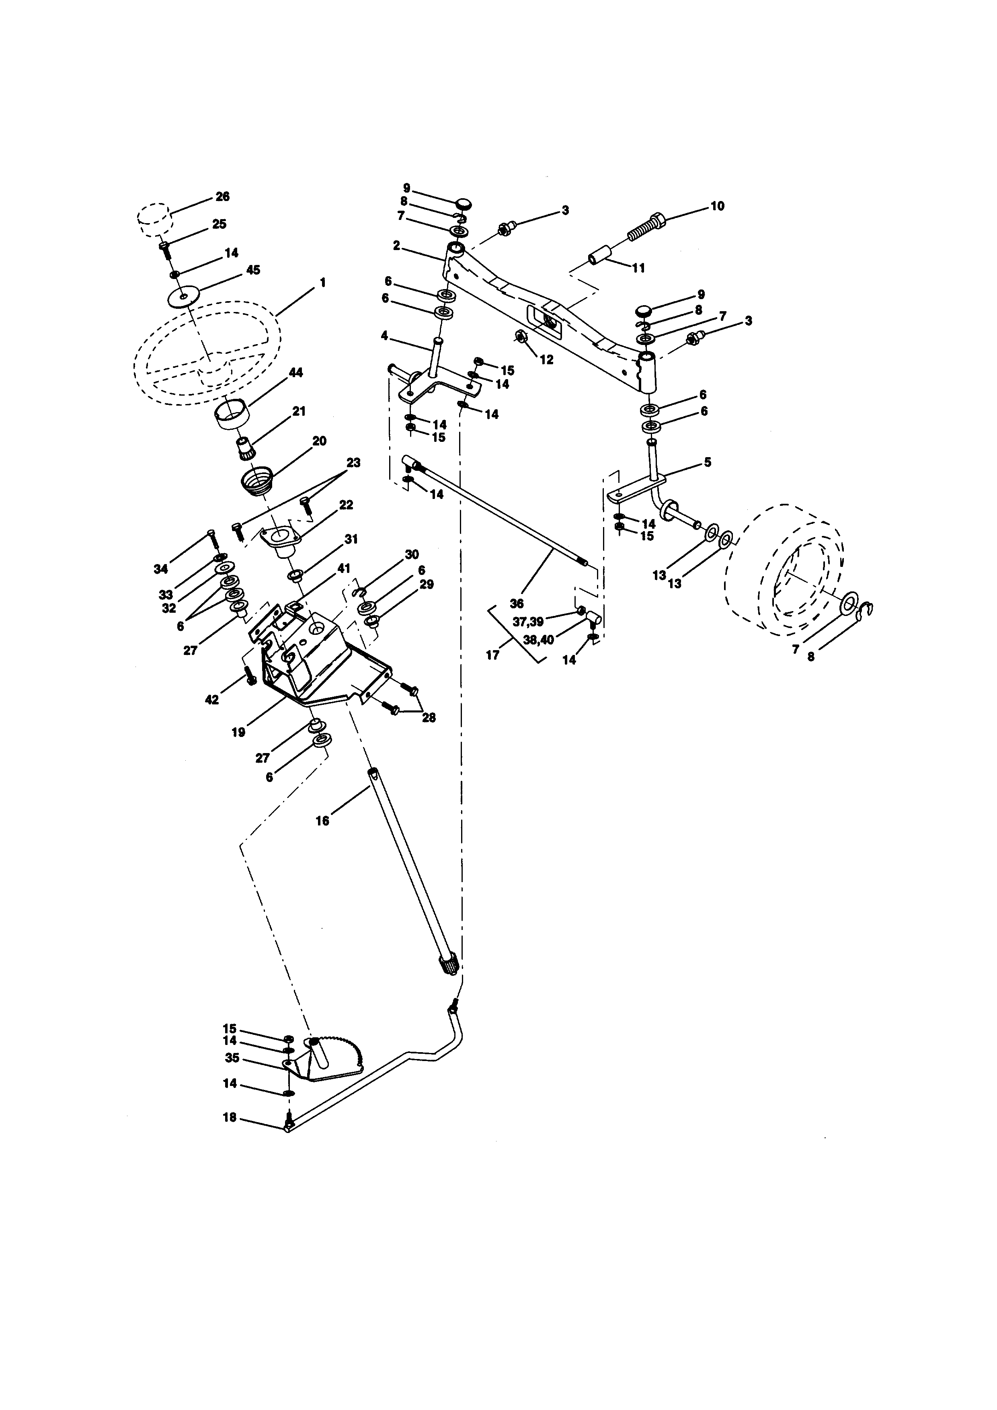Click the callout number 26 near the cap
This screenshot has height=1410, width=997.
click(222, 197)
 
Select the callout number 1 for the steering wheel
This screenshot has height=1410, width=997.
click(322, 283)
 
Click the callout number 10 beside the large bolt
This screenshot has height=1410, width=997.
click(717, 206)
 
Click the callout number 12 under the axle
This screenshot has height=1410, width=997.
click(546, 360)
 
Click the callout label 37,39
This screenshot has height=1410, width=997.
click(528, 622)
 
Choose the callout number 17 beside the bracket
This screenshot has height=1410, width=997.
click(492, 655)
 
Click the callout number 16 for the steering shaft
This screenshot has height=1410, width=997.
click(322, 821)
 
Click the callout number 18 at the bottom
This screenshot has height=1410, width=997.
click(229, 1118)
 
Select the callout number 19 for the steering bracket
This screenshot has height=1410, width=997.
click(238, 732)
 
